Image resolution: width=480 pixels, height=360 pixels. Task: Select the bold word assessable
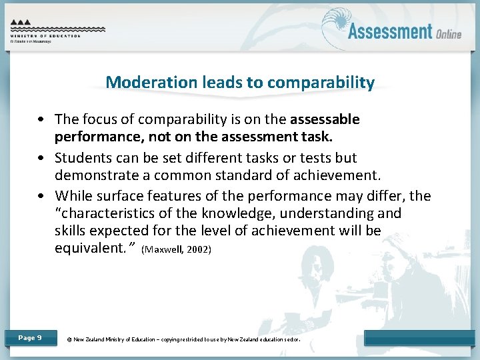coord(325,119)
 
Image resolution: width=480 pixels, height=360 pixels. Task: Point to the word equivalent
coord(93,249)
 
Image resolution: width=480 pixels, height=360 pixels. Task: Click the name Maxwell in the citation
coord(167,250)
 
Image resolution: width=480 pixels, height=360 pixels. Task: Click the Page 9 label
coord(30,338)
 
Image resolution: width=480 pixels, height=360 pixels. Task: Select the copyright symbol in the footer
coord(69,339)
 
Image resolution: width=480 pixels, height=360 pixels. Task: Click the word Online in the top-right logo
coord(449,33)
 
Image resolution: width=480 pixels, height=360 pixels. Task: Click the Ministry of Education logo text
coord(45,36)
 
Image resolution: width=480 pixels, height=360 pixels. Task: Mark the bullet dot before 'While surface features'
coord(43,197)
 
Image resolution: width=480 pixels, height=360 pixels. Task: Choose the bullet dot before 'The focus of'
coord(43,120)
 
